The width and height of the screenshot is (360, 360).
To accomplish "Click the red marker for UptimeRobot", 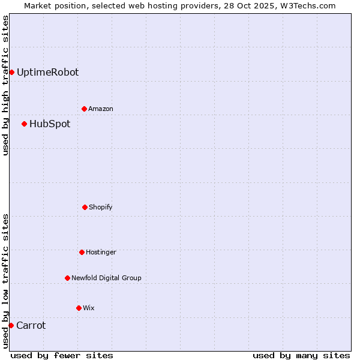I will point(11,72).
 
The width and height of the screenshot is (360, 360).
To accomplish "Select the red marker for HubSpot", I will point(24,124).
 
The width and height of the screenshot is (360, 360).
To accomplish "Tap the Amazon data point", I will point(84,109).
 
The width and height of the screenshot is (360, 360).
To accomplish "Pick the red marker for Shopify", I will point(85,207).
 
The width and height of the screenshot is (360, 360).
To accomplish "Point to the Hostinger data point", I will point(82,252).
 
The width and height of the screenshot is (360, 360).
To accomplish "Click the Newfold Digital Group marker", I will point(67,278).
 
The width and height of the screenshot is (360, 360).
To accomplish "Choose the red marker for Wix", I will point(79,308).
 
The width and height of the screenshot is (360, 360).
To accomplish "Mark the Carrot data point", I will point(11,325).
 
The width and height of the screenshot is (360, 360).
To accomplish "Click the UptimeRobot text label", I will point(47,72).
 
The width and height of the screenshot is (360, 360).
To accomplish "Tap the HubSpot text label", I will point(50,124).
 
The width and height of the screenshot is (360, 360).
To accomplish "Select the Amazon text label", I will point(101,109).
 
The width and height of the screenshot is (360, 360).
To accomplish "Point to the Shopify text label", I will point(101,207).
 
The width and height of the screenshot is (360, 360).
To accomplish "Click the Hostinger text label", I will point(101,252).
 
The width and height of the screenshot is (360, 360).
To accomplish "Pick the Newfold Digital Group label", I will point(106,278).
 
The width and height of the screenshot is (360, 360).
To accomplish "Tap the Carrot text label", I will point(31,325).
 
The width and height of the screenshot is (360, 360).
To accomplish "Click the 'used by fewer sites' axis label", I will point(62,355).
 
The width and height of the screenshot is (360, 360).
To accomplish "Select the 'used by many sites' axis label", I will point(301,355).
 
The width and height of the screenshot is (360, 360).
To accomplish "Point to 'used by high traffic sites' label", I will point(5,85).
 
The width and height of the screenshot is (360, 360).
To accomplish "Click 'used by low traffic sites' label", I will point(5,281).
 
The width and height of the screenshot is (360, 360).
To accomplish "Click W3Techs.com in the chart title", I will point(306,5).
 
